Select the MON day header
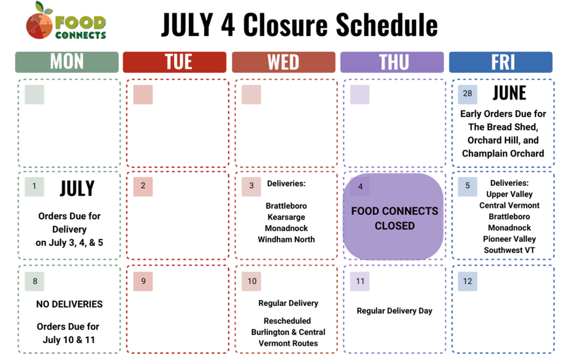67,62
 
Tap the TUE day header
175,62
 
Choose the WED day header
283,62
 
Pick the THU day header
392,62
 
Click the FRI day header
501,62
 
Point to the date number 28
467,94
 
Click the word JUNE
509,93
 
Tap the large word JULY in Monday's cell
77,188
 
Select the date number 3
251,186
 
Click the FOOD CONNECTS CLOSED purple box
394,218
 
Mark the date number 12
467,281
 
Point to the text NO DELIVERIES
69,304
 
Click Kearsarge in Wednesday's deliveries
286,217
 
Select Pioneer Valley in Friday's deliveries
509,239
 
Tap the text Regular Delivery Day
394,311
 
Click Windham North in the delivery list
286,239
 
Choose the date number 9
144,281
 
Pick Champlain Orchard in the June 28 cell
503,153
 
